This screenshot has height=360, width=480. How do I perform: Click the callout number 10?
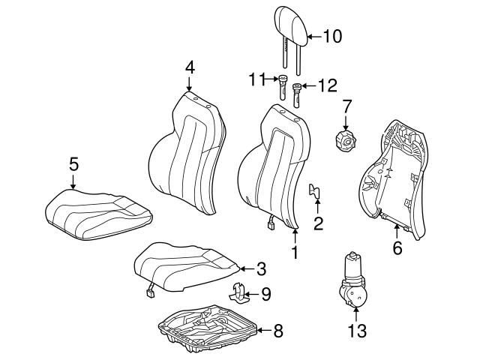(x=331, y=35)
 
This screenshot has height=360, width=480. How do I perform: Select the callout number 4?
(x=190, y=67)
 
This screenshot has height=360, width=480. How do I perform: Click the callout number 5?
(x=73, y=162)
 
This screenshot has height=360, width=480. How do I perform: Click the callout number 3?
(x=260, y=268)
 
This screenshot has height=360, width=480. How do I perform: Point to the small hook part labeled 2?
(x=316, y=194)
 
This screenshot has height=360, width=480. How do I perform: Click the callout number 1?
(x=294, y=253)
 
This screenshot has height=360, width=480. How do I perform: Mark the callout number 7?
(x=346, y=106)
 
